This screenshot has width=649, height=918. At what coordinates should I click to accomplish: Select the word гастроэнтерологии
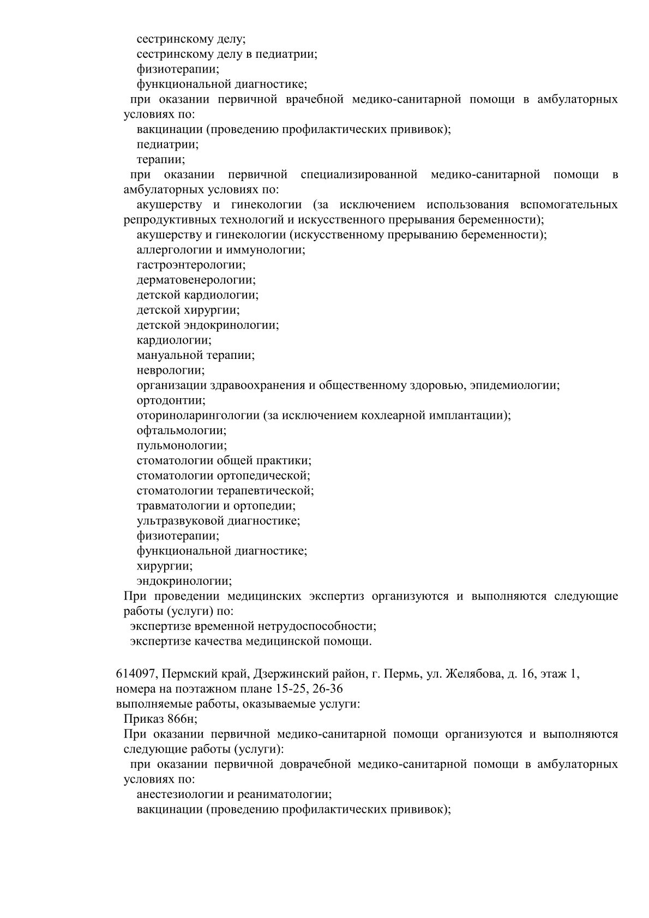pos(191,265)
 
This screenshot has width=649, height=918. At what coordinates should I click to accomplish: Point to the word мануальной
pos(170,355)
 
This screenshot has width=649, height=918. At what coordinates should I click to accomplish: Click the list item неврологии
pos(171,370)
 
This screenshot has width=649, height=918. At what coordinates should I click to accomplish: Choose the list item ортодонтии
pos(171,400)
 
